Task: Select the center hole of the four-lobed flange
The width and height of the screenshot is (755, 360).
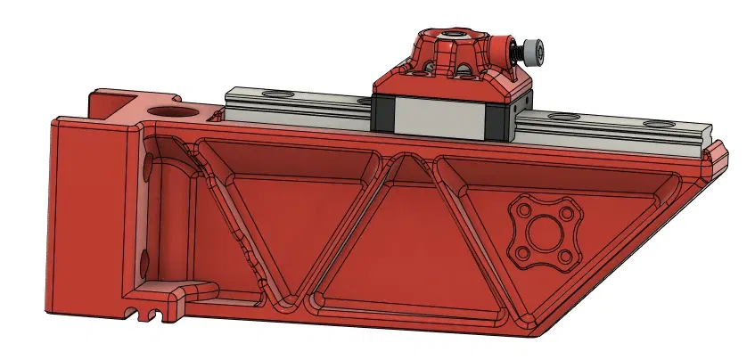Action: pyautogui.click(x=542, y=234)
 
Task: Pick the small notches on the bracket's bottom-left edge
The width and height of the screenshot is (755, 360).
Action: pyautogui.click(x=147, y=311)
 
